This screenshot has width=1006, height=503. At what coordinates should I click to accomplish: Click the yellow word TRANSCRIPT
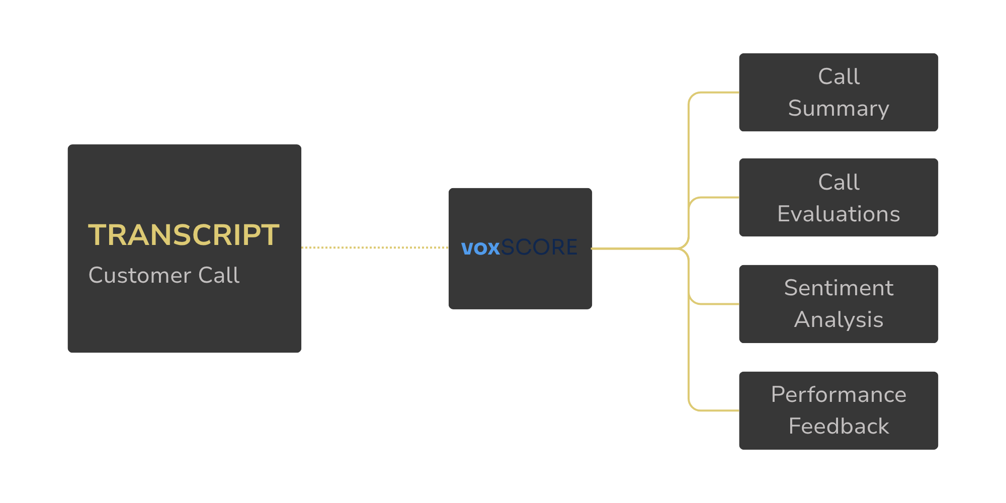pyautogui.click(x=184, y=235)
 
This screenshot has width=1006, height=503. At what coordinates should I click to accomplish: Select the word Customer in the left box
pyautogui.click(x=139, y=276)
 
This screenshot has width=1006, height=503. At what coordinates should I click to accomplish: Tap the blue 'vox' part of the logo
pyautogui.click(x=480, y=248)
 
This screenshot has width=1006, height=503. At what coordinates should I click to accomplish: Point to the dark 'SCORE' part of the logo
pyautogui.click(x=539, y=247)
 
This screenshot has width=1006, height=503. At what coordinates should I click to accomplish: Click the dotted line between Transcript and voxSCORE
pyautogui.click(x=375, y=247)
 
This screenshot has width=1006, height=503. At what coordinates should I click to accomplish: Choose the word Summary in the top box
pyautogui.click(x=839, y=109)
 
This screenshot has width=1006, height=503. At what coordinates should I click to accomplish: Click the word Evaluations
pyautogui.click(x=839, y=214)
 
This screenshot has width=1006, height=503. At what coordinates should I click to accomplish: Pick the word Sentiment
pyautogui.click(x=839, y=288)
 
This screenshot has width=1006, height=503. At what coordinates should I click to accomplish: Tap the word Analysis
pyautogui.click(x=839, y=320)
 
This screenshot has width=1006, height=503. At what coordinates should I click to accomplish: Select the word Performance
pyautogui.click(x=839, y=394)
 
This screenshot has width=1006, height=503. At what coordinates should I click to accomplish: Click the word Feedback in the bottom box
pyautogui.click(x=839, y=427)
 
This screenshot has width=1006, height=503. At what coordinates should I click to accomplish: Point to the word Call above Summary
pyautogui.click(x=839, y=77)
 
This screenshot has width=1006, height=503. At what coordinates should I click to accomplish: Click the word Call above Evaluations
pyautogui.click(x=839, y=182)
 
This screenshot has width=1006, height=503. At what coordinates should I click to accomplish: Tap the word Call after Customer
pyautogui.click(x=219, y=276)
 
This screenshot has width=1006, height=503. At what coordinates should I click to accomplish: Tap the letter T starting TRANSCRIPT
pyautogui.click(x=97, y=235)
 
